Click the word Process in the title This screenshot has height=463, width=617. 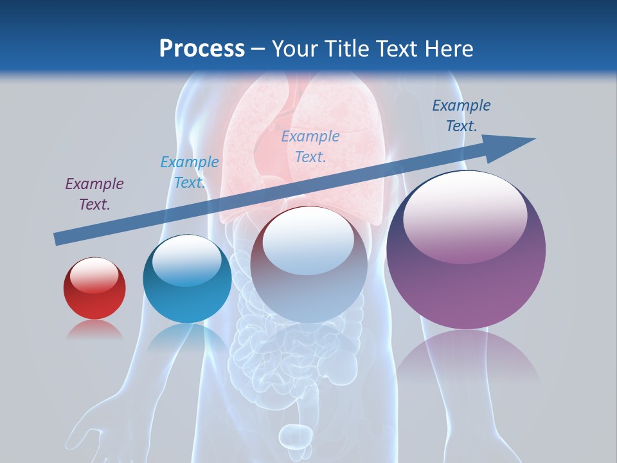pyautogui.click(x=202, y=49)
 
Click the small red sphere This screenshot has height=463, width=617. pyautogui.click(x=94, y=289)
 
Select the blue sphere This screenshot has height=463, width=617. pyautogui.click(x=187, y=280)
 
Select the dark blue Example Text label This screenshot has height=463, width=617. pyautogui.click(x=461, y=116)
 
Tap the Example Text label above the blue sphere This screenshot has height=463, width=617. pyautogui.click(x=189, y=172)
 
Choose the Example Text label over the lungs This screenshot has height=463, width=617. pyautogui.click(x=310, y=146)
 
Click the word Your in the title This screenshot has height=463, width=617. pyautogui.click(x=292, y=49)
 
